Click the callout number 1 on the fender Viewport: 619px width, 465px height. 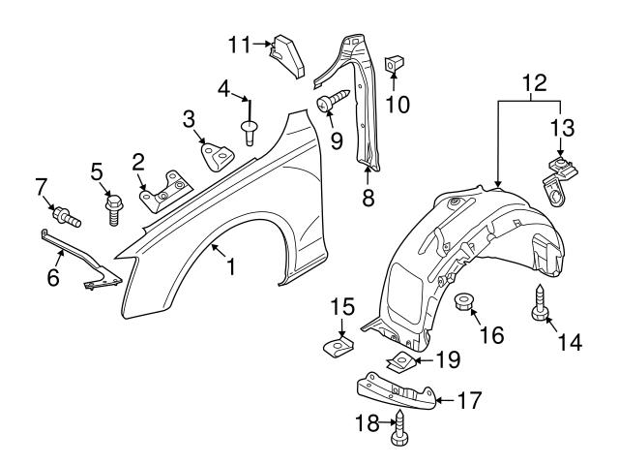click(x=230, y=264)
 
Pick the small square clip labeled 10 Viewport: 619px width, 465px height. click(x=395, y=66)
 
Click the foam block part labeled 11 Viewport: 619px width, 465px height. click(x=287, y=53)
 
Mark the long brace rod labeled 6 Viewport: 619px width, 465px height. click(x=82, y=257)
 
